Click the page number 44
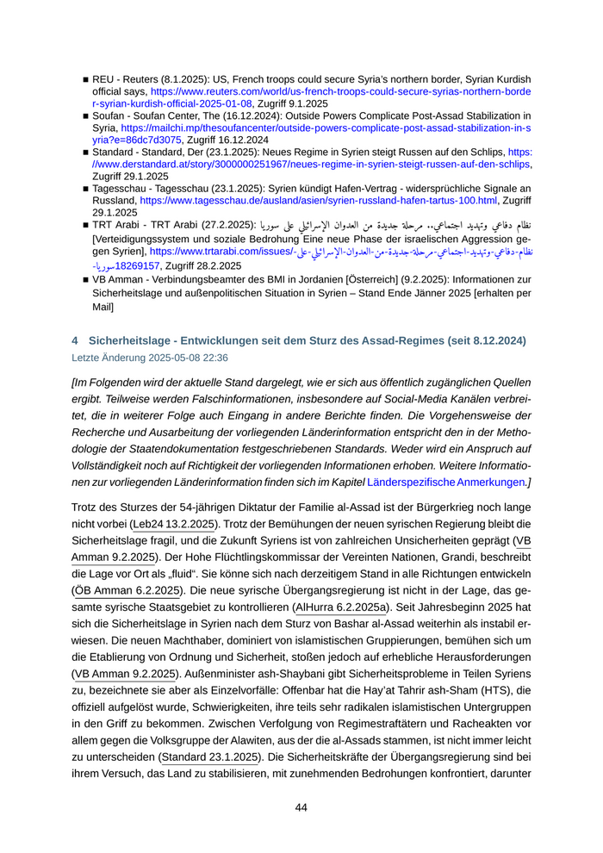click(x=301, y=807)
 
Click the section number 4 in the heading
click(x=75, y=341)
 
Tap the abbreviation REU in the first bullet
click(x=105, y=78)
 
